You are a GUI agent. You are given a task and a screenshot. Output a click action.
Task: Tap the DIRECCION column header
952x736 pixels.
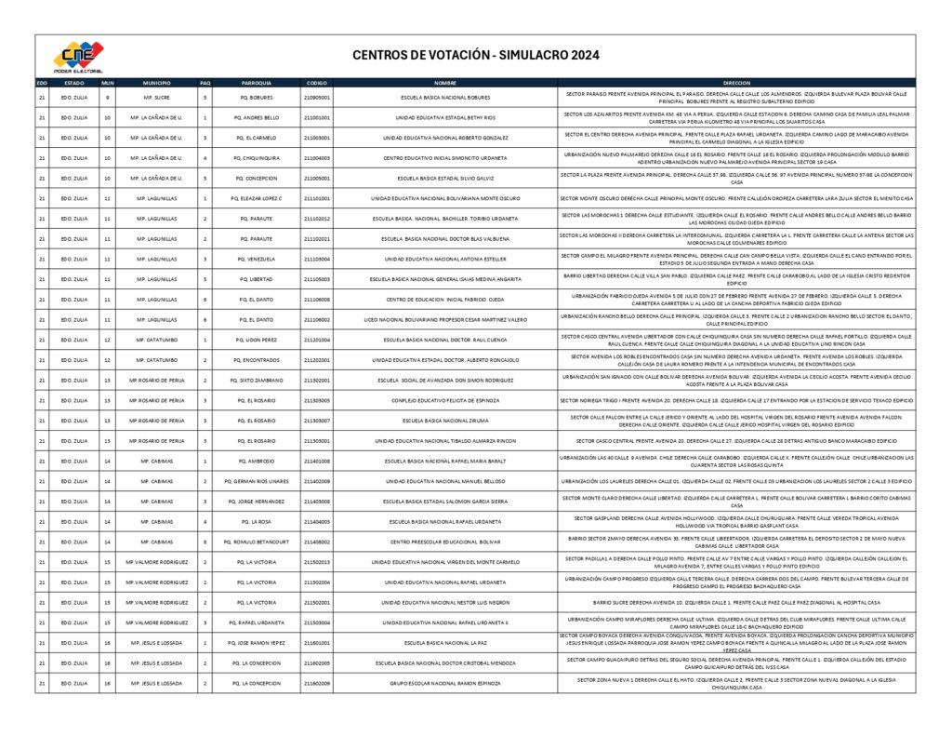[x=735, y=82]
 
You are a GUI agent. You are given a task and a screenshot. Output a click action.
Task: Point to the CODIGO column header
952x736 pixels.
[x=317, y=82]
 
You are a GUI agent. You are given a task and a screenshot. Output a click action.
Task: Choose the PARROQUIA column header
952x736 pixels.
[x=256, y=82]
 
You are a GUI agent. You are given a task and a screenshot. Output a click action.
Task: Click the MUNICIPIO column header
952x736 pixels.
[x=156, y=82]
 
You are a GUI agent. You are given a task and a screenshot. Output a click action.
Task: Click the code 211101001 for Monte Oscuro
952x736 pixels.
[x=317, y=198]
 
